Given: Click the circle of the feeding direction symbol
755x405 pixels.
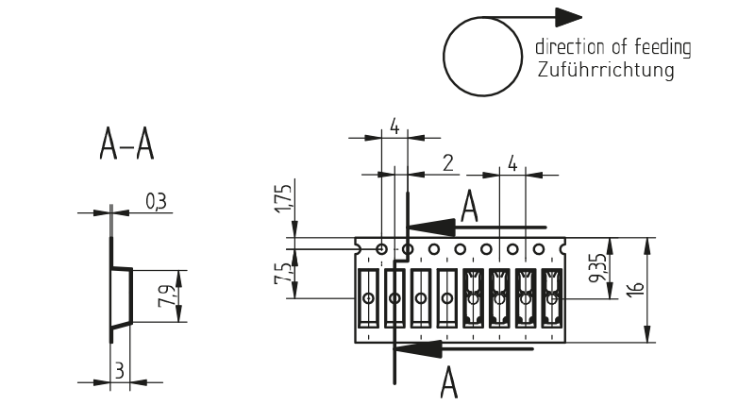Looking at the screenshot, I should (482, 58).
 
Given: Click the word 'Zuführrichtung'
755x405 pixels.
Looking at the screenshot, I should (605, 71).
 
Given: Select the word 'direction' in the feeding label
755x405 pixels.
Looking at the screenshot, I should (565, 46).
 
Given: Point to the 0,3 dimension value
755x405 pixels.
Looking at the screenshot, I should (157, 200).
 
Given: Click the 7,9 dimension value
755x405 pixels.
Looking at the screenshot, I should (167, 295).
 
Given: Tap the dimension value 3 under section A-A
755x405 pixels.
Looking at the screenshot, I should (118, 369).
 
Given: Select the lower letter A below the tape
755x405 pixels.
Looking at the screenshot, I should (450, 383).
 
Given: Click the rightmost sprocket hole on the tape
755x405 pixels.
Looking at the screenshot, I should (539, 250).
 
